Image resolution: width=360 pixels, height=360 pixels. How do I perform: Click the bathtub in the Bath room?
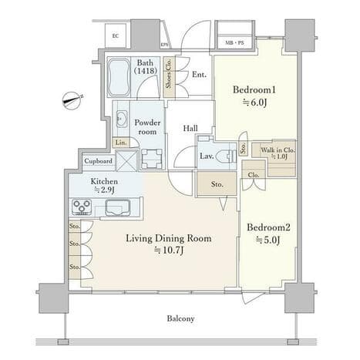click(x=118, y=77)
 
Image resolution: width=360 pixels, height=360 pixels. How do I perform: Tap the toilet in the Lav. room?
click(x=226, y=156)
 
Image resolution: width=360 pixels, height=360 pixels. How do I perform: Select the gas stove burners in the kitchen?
click(x=82, y=207)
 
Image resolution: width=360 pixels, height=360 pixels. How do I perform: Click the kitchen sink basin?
click(x=118, y=207)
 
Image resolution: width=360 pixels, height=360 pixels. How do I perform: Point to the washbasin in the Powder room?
click(x=121, y=119)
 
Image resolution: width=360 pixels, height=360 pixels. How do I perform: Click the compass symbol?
click(x=72, y=101)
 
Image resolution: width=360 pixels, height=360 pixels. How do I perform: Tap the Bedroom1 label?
click(x=254, y=89)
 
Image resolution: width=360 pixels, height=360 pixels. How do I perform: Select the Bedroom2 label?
click(x=268, y=227)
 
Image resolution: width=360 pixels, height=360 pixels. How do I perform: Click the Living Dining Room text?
click(x=169, y=238)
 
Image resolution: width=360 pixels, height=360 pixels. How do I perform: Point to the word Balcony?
click(x=180, y=318)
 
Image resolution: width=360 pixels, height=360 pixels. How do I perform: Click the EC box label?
click(x=116, y=36)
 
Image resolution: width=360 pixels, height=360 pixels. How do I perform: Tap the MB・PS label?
click(x=234, y=42)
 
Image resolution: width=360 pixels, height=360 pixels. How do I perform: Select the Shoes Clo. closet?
click(x=169, y=76)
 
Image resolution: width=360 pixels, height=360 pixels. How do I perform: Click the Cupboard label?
click(x=99, y=161)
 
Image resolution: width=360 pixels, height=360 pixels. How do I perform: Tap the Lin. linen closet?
click(x=120, y=143)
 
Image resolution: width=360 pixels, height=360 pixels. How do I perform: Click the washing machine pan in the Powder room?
click(x=152, y=159)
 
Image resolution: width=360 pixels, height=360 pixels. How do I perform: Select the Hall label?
click(x=190, y=128)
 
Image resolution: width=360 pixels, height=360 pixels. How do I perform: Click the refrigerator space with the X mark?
click(x=126, y=161)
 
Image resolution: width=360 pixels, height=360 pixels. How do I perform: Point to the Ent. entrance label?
click(x=200, y=75)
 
